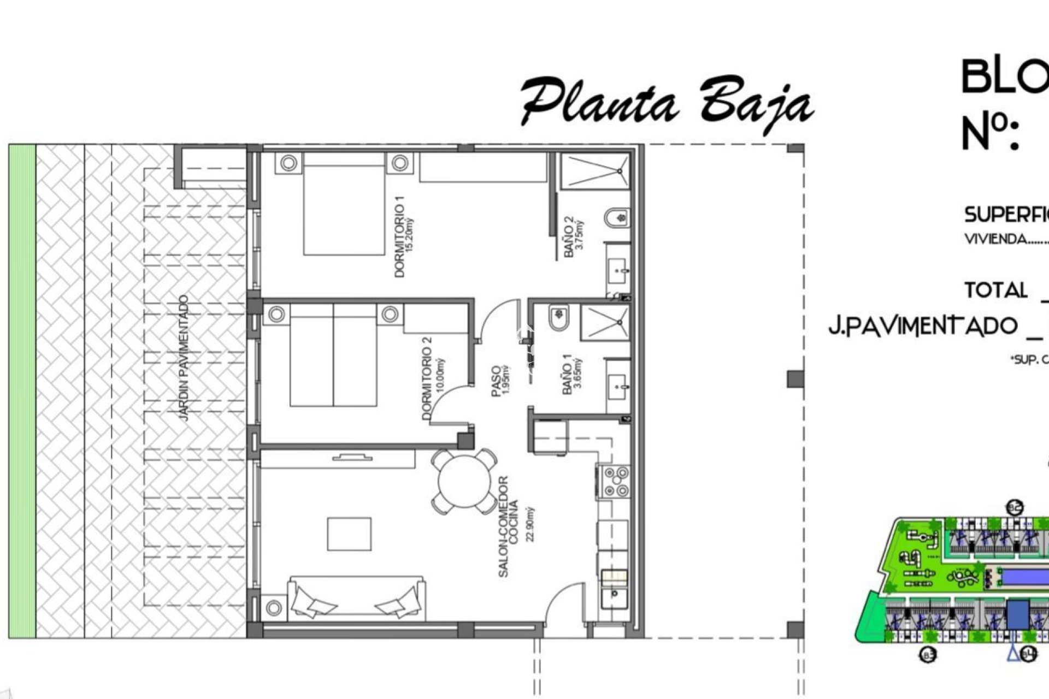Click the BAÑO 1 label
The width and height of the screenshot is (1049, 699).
click(x=568, y=375)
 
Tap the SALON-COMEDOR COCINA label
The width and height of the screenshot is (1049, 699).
click(x=508, y=526)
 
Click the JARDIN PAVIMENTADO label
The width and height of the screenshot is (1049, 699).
click(x=184, y=358)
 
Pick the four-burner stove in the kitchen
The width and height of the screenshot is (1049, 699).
click(x=616, y=482)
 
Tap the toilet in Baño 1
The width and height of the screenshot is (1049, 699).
click(x=558, y=318)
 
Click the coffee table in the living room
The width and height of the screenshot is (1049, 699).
click(x=349, y=534)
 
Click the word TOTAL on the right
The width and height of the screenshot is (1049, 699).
click(x=995, y=290)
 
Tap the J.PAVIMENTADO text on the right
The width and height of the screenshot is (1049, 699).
click(x=923, y=326)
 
